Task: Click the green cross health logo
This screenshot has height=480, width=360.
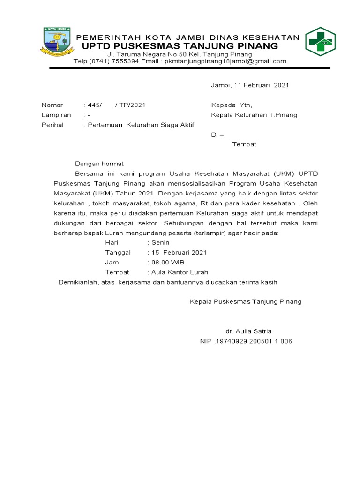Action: (320, 42)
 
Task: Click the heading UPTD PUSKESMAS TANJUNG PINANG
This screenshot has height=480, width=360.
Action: (180, 46)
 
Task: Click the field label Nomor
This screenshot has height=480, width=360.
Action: (52, 105)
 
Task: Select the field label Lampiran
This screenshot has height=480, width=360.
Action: (56, 115)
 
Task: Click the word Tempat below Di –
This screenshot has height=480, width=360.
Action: (244, 144)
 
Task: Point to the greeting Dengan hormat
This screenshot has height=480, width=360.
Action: (99, 164)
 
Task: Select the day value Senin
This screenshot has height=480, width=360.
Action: (160, 242)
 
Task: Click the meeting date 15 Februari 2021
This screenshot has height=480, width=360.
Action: (179, 252)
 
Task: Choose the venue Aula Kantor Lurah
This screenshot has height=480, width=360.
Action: (179, 272)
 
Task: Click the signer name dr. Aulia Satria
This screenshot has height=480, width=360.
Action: (248, 331)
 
